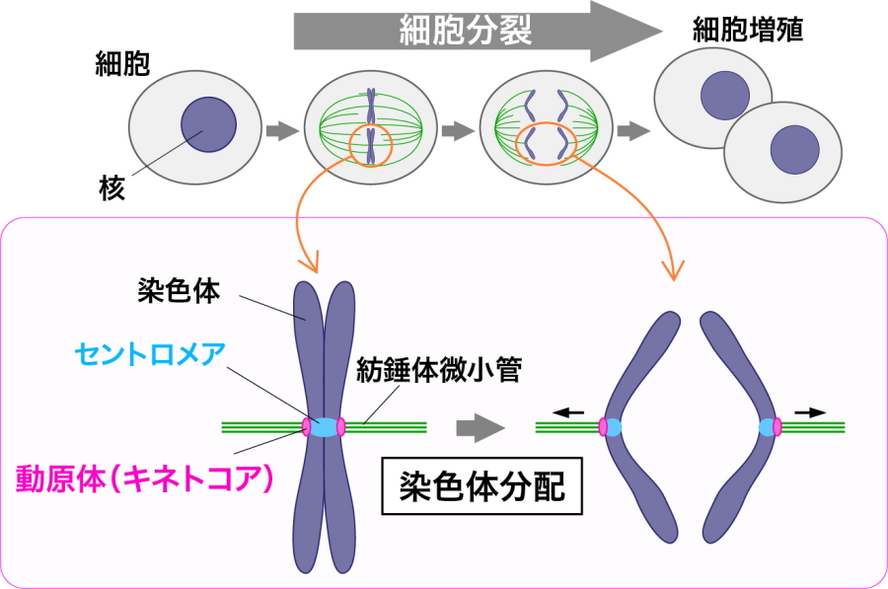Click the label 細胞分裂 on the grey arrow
(465, 32)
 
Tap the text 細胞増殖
(747, 30)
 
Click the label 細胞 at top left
(121, 66)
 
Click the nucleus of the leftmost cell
(208, 124)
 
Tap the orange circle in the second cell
(371, 147)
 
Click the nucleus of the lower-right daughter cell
(794, 148)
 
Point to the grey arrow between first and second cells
(282, 129)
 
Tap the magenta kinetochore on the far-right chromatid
(777, 427)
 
